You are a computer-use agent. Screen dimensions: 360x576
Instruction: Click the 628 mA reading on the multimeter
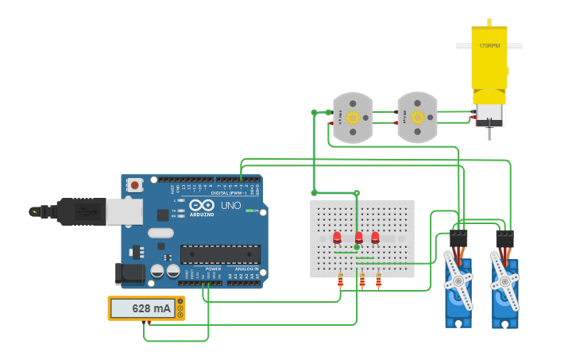[x=151, y=308]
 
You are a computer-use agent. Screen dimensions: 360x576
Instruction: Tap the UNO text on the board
[x=230, y=206]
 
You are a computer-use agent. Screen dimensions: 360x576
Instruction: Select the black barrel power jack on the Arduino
[x=130, y=274]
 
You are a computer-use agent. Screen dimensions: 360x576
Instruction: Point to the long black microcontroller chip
[x=220, y=254]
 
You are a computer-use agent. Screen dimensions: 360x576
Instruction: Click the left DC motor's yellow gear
[x=352, y=118]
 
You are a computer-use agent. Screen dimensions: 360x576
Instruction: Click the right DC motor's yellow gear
[x=417, y=118]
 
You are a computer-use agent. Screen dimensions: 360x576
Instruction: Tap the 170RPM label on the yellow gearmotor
[x=489, y=46]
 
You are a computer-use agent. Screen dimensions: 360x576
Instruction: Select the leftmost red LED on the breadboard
[x=337, y=237]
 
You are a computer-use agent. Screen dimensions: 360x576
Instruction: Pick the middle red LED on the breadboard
[x=358, y=237]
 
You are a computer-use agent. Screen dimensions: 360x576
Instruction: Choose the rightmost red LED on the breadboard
[x=375, y=237]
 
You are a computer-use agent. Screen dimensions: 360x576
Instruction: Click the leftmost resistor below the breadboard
[x=341, y=281]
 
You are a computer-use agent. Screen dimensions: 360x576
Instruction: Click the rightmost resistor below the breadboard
[x=378, y=281]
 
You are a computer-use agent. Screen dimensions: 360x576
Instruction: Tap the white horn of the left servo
[x=458, y=274]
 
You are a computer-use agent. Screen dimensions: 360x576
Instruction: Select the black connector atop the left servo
[x=458, y=238]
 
